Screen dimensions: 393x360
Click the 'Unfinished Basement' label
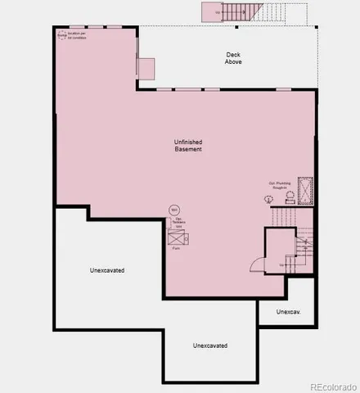[x=188, y=145]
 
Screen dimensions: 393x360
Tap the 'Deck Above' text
[x=234, y=58]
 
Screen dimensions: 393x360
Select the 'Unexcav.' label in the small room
[x=287, y=312]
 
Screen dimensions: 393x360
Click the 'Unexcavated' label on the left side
[x=107, y=269]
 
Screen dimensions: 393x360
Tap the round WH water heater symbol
[x=173, y=210]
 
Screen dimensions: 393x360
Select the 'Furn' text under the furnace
[x=176, y=248]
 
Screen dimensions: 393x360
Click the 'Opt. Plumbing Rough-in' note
[x=280, y=185]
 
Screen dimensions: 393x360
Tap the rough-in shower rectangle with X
[x=307, y=190]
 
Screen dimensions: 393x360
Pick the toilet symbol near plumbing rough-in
[x=268, y=199]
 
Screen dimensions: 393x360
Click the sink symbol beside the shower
[x=289, y=196]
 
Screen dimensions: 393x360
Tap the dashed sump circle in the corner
[x=61, y=35]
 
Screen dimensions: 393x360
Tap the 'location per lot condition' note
[x=79, y=36]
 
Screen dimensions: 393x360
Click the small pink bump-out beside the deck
[x=146, y=69]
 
